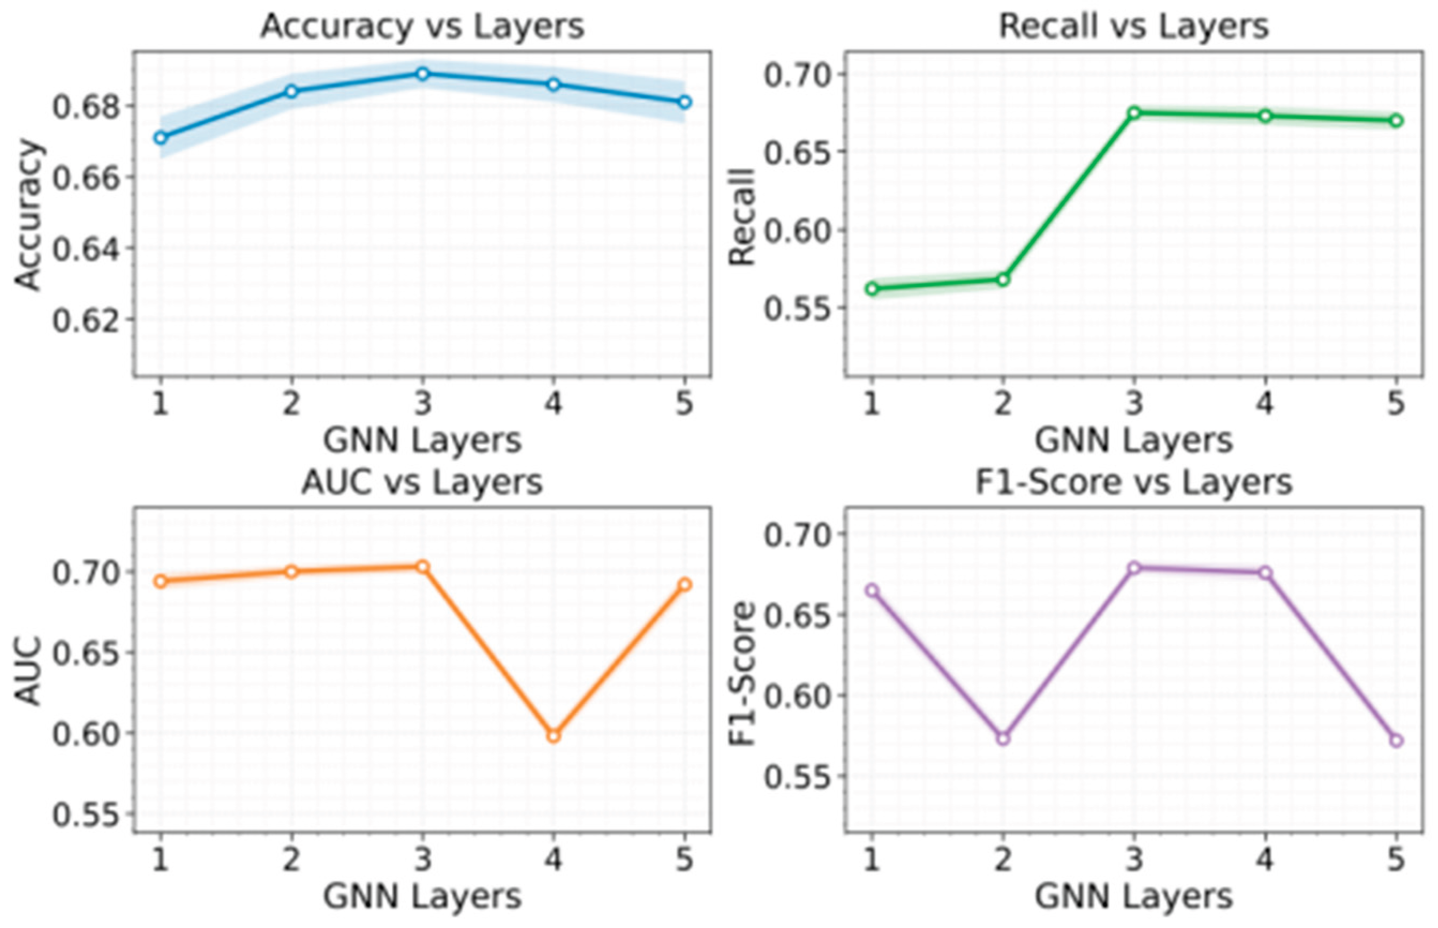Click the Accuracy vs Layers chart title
click(x=422, y=27)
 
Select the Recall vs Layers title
click(x=1134, y=27)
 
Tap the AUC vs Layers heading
click(x=422, y=482)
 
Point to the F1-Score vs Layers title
click(x=1134, y=482)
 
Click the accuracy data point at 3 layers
click(x=422, y=74)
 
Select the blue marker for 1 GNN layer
click(x=160, y=138)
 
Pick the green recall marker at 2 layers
click(x=1003, y=279)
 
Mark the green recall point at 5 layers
click(x=1396, y=121)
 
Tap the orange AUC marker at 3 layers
click(x=423, y=566)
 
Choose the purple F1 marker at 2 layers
click(x=1003, y=739)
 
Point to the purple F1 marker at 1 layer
click(x=872, y=590)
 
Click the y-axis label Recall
click(x=743, y=217)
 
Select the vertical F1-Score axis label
click(x=743, y=674)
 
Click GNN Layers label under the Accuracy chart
click(x=422, y=441)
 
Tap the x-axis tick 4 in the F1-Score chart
click(x=1265, y=859)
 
